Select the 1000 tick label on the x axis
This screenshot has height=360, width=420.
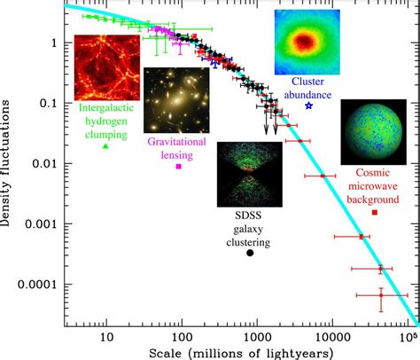pyautogui.click(x=256, y=336)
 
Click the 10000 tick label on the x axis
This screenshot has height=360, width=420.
pyautogui.click(x=331, y=336)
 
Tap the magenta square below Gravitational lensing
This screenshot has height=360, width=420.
pyautogui.click(x=179, y=166)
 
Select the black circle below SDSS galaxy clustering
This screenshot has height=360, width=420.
pyautogui.click(x=250, y=254)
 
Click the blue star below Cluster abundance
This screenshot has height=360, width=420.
pyautogui.click(x=308, y=106)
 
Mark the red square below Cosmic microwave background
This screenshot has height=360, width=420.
pyautogui.click(x=375, y=212)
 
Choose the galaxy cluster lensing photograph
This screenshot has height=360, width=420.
pyautogui.click(x=176, y=99)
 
